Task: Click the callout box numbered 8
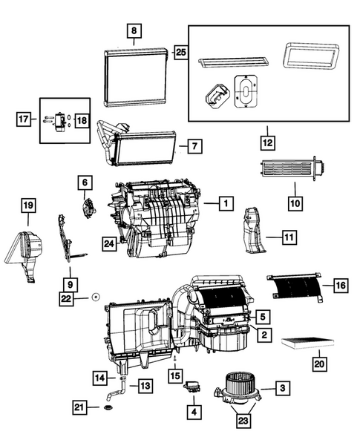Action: click(x=134, y=31)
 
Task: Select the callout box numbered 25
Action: click(x=180, y=51)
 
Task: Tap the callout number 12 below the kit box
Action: click(x=266, y=139)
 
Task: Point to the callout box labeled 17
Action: click(x=24, y=117)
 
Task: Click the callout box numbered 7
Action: click(x=192, y=146)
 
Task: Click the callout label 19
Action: click(x=28, y=205)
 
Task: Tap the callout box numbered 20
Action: click(x=319, y=364)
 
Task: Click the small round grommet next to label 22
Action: click(x=96, y=297)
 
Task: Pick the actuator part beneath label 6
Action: click(x=89, y=207)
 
